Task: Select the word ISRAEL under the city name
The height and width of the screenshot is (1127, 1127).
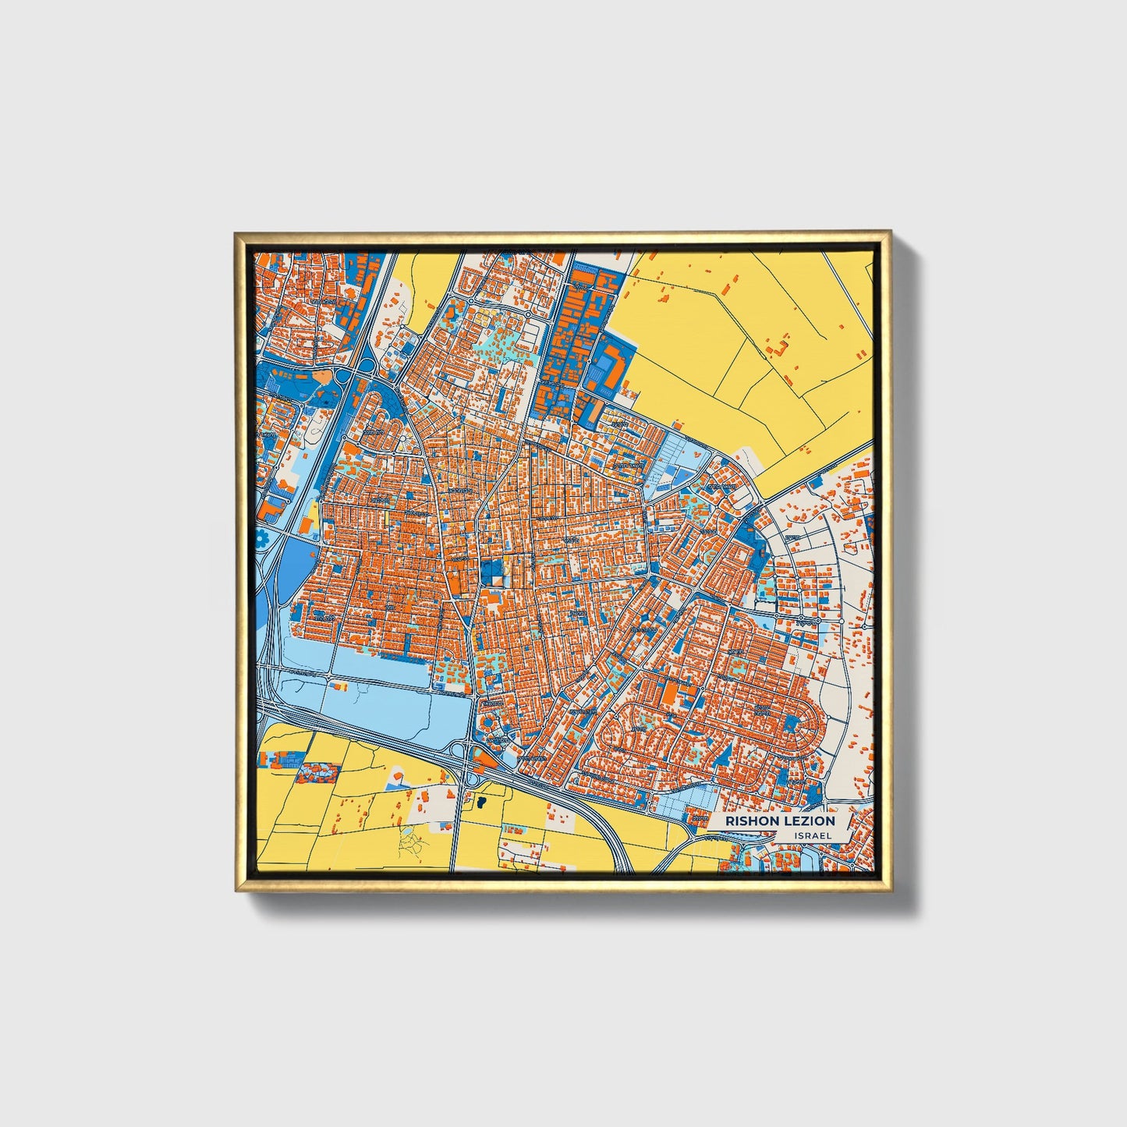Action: click(x=813, y=835)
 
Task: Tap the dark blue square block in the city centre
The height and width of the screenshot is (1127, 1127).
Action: click(x=491, y=572)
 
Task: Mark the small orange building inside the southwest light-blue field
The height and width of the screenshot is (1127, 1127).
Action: click(x=339, y=686)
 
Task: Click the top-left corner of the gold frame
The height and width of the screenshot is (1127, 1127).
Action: click(x=237, y=234)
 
